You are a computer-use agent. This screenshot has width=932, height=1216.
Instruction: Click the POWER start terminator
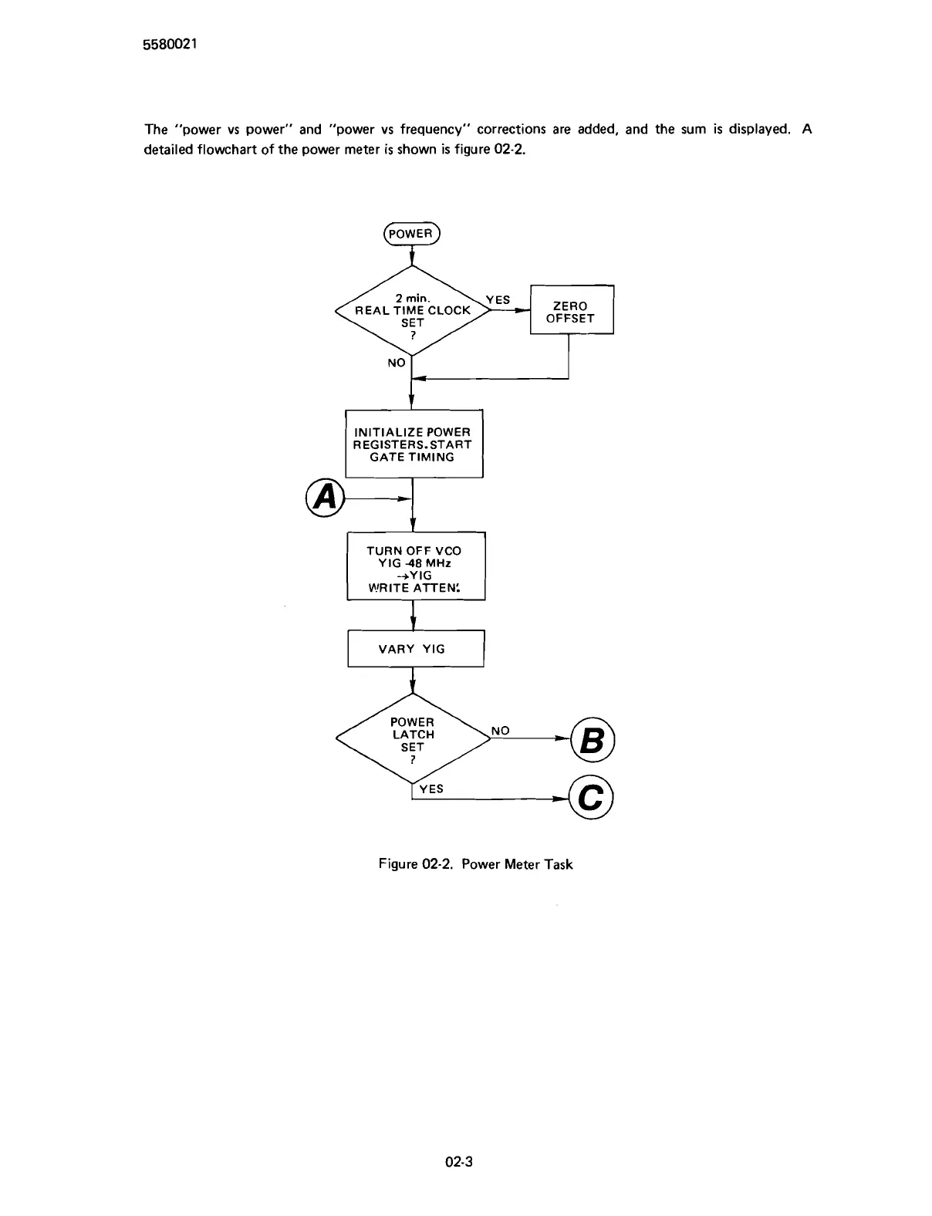point(411,233)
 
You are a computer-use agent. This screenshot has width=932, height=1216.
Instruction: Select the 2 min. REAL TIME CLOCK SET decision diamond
point(412,310)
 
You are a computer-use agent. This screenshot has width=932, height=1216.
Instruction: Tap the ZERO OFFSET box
point(571,311)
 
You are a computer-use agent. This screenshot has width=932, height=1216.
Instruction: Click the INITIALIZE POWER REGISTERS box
point(414,444)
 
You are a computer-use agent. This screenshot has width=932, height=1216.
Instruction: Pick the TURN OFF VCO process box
point(415,566)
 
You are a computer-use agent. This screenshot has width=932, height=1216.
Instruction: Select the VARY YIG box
point(415,649)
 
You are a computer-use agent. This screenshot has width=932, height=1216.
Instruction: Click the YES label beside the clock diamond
point(498,300)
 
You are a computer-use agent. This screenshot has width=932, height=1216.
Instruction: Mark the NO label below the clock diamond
point(396,363)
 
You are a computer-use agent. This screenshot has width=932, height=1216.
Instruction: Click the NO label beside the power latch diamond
point(500,730)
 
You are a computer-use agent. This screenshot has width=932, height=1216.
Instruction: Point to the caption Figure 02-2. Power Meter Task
point(475,864)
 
